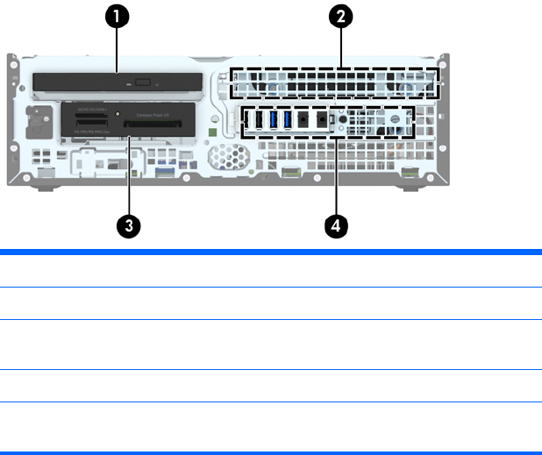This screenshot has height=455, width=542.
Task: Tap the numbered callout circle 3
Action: (129, 224)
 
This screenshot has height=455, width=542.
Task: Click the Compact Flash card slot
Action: (154, 124)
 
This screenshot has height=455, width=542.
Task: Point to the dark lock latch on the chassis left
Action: (39, 117)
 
